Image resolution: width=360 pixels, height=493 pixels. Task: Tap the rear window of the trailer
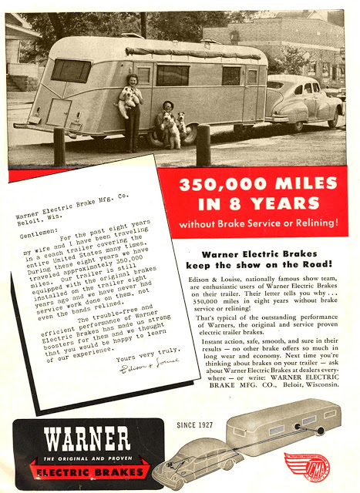pyautogui.click(x=71, y=71)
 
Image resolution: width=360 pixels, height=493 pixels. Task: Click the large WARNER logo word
pyautogui.click(x=87, y=440)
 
